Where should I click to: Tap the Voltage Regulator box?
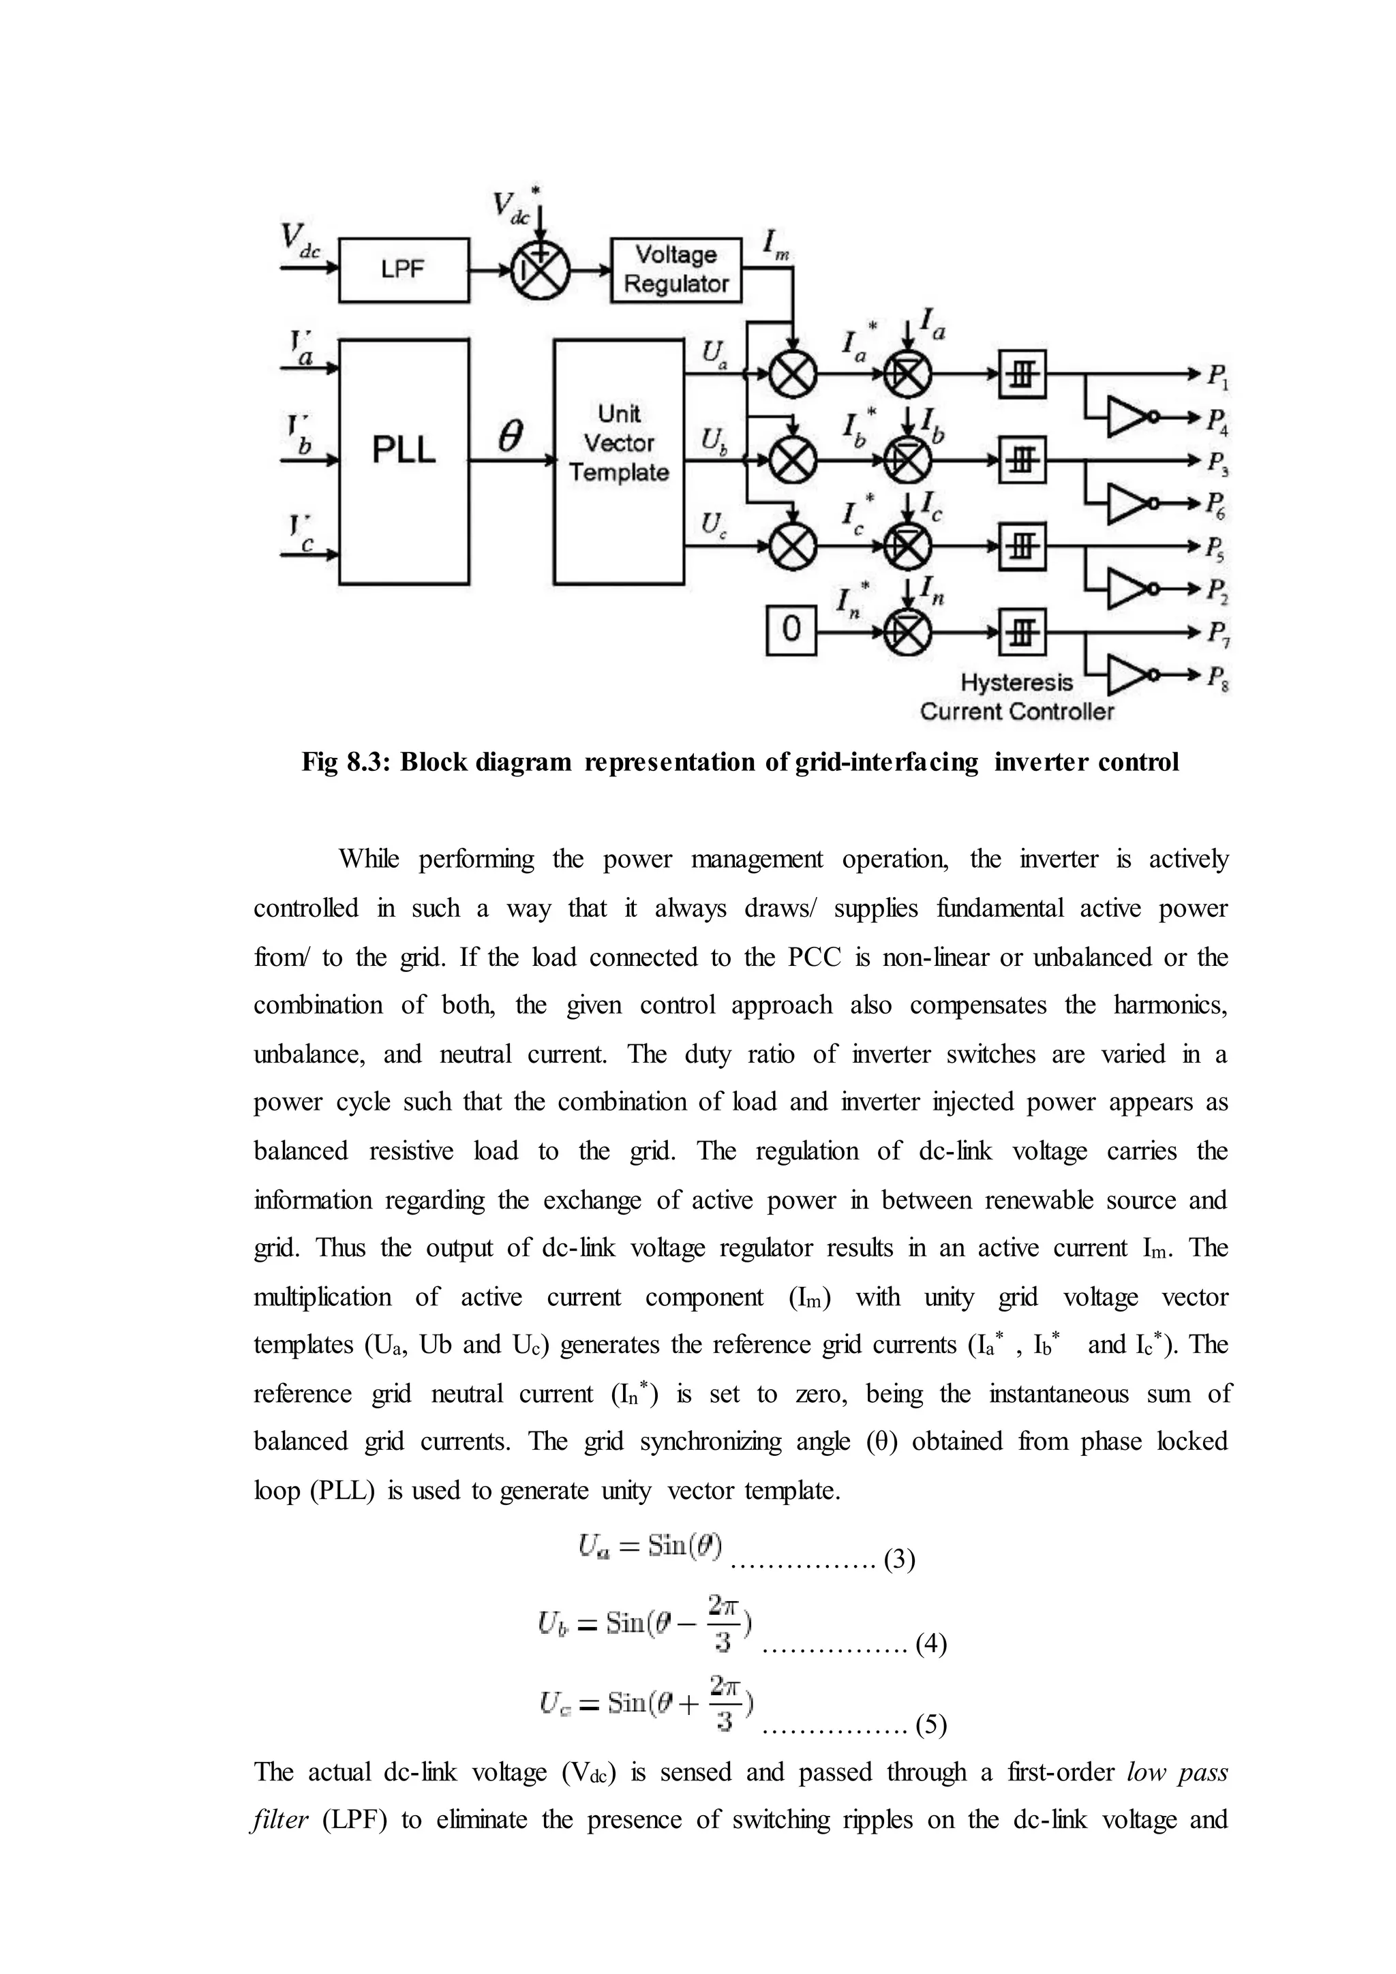[676, 270]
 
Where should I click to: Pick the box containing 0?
[791, 631]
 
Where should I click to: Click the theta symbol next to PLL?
[511, 438]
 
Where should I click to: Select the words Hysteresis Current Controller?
[1017, 697]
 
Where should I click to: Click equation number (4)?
[931, 1644]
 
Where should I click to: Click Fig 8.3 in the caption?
[346, 762]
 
